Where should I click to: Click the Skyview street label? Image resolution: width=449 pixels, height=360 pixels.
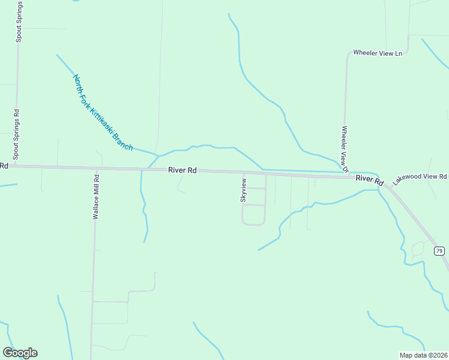pos(243,190)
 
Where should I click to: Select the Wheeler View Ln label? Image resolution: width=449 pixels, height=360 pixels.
pos(378,53)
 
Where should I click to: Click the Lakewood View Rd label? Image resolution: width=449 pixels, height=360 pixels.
pos(420,178)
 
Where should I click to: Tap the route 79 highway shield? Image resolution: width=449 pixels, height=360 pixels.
pos(439,251)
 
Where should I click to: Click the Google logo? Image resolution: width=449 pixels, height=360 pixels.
pos(20,353)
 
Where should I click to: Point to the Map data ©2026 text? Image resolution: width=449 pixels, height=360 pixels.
pos(423,355)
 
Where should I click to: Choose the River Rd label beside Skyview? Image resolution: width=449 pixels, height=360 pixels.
pos(182,170)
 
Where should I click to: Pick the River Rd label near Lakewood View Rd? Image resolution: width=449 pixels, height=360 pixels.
pos(369,179)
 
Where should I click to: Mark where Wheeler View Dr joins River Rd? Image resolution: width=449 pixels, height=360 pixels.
pos(346,176)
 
